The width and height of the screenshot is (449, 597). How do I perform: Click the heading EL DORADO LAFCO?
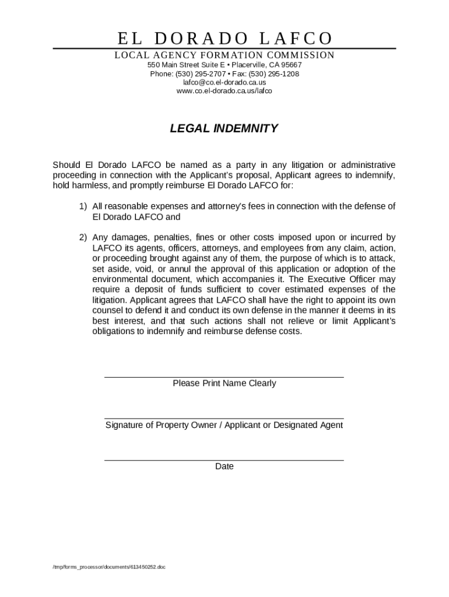click(x=224, y=38)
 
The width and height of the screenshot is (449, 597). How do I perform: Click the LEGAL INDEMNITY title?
click(x=224, y=129)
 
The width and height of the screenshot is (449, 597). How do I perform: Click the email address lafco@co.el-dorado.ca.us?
click(x=224, y=83)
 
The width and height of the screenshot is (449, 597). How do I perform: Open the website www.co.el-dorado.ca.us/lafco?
click(x=224, y=91)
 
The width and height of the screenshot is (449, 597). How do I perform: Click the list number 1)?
click(x=83, y=206)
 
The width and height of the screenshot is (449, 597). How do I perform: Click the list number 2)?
click(x=83, y=238)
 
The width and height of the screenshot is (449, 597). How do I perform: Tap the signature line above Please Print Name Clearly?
click(x=224, y=377)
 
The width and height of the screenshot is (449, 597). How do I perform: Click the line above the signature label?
click(x=224, y=419)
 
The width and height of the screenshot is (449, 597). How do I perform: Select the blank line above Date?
click(x=224, y=461)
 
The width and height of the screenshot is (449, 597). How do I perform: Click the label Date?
click(x=224, y=467)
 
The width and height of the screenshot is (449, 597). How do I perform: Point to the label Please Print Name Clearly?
click(x=224, y=384)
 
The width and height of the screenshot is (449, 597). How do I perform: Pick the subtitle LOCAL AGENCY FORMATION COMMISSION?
click(x=224, y=55)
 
